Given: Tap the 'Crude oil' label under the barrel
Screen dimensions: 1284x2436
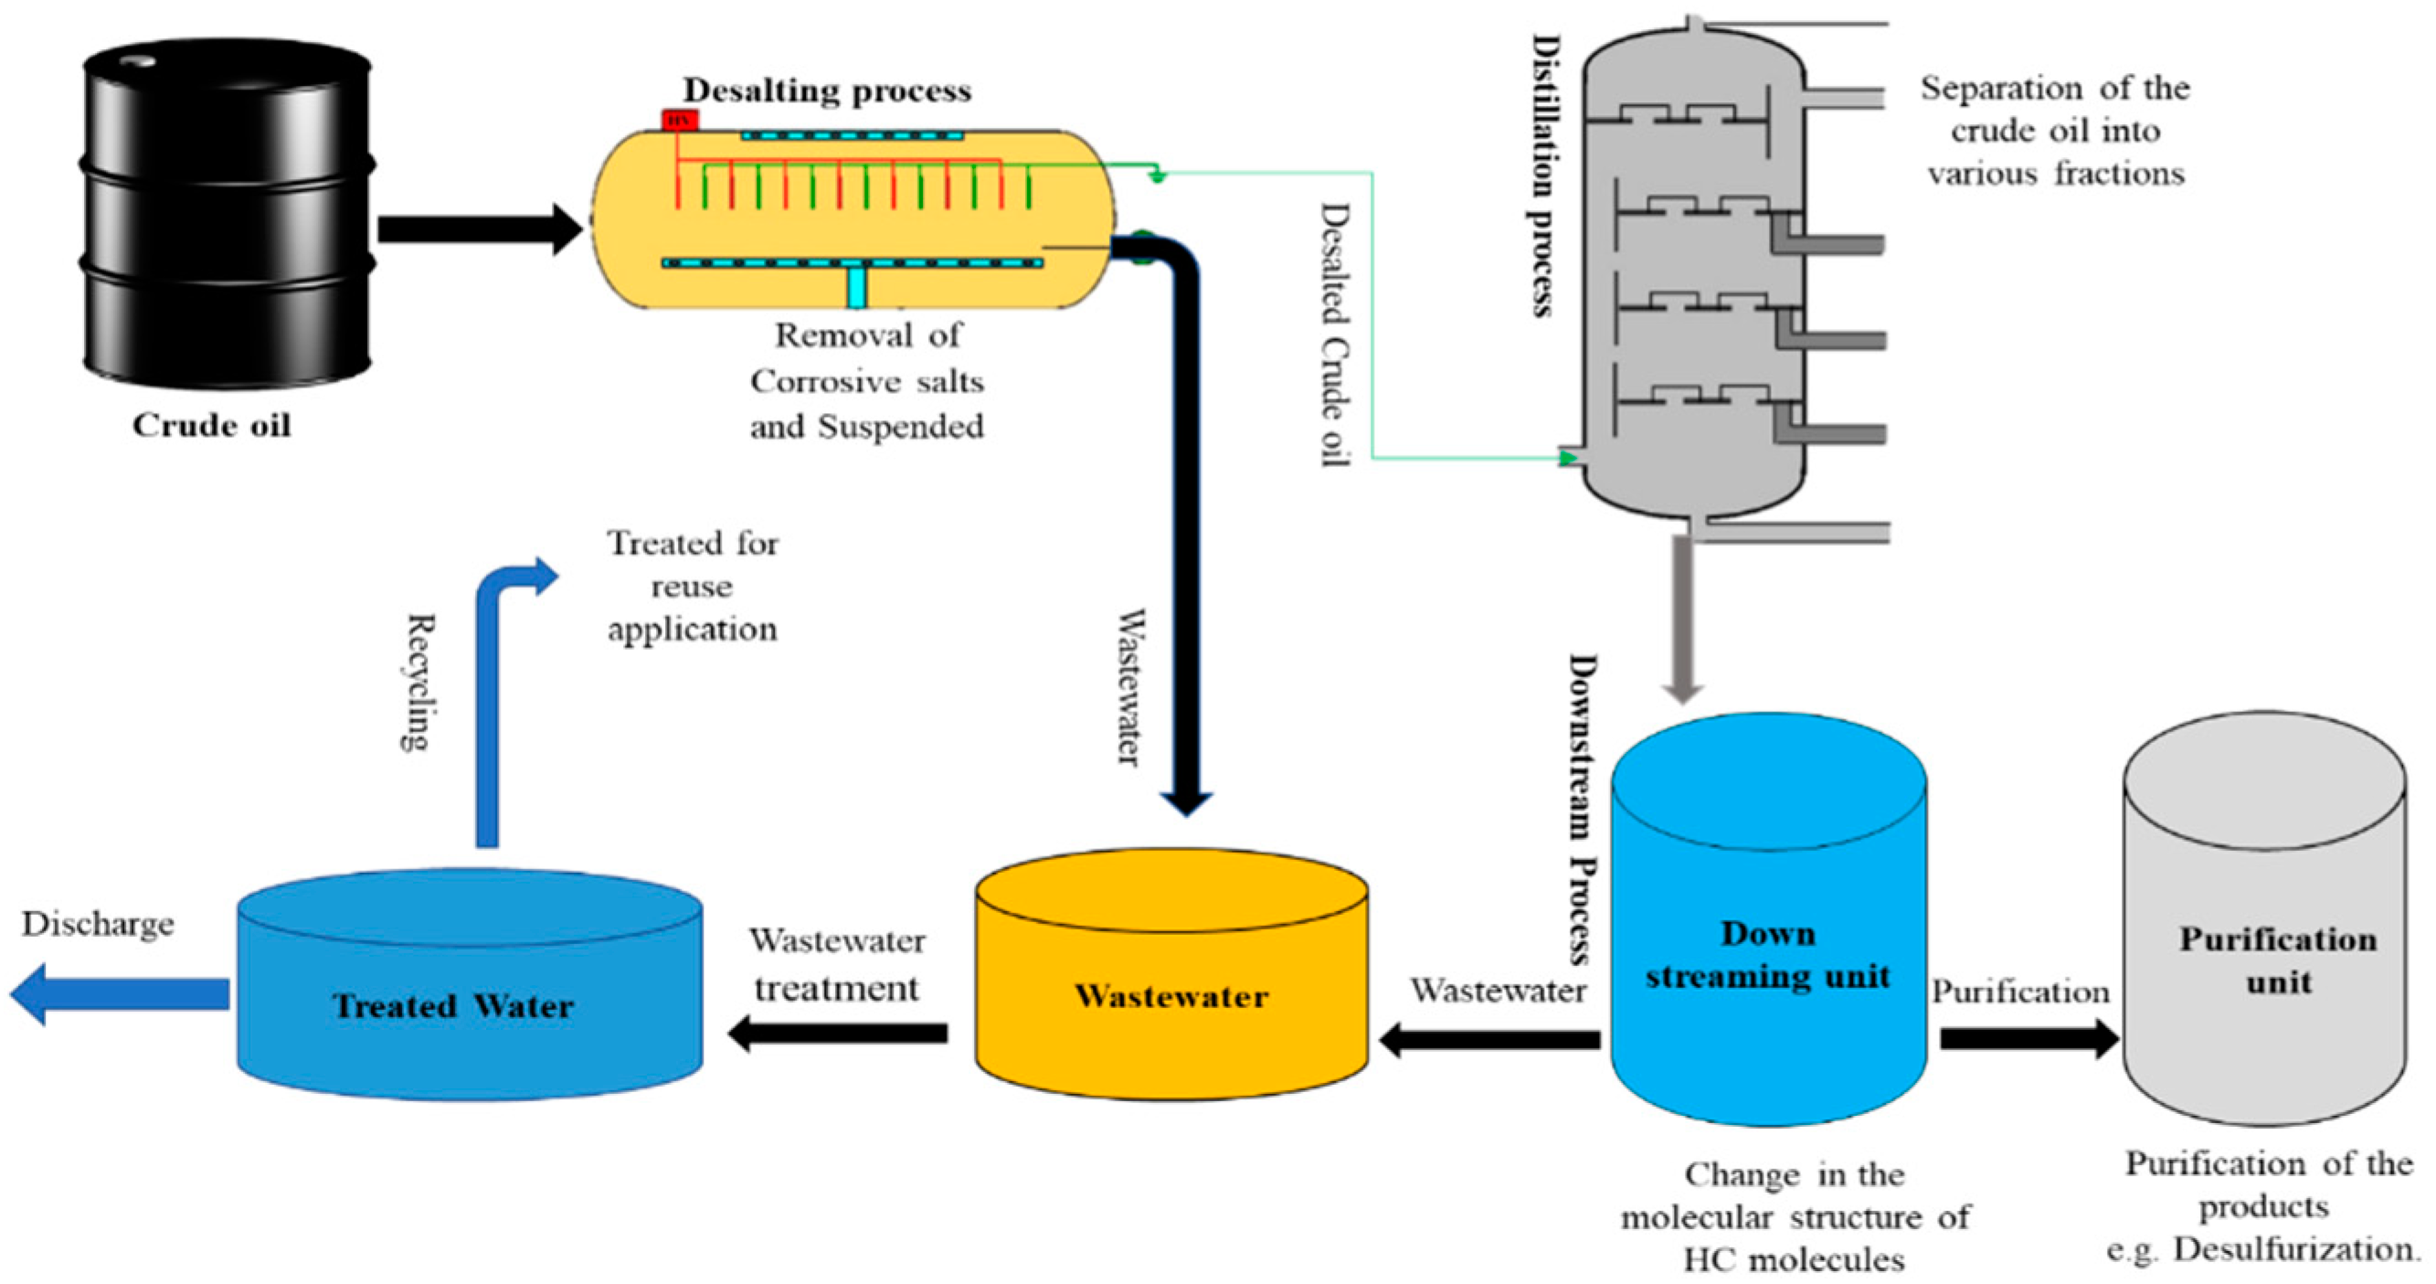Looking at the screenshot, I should pyautogui.click(x=211, y=426).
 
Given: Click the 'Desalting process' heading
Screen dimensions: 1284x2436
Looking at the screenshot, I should pyautogui.click(x=827, y=90).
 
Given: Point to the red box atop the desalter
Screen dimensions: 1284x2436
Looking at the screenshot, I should pyautogui.click(x=679, y=119).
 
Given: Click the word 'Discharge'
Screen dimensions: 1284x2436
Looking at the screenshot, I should pyautogui.click(x=98, y=924).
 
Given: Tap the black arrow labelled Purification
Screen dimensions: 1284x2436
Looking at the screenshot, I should pyautogui.click(x=2024, y=1037).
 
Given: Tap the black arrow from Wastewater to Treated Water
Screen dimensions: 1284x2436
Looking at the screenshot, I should pyautogui.click(x=838, y=1033).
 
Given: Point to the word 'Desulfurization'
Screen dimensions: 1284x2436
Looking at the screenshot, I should pyautogui.click(x=2294, y=1250).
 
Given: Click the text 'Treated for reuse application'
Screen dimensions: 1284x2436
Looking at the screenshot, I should pyautogui.click(x=693, y=586).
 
